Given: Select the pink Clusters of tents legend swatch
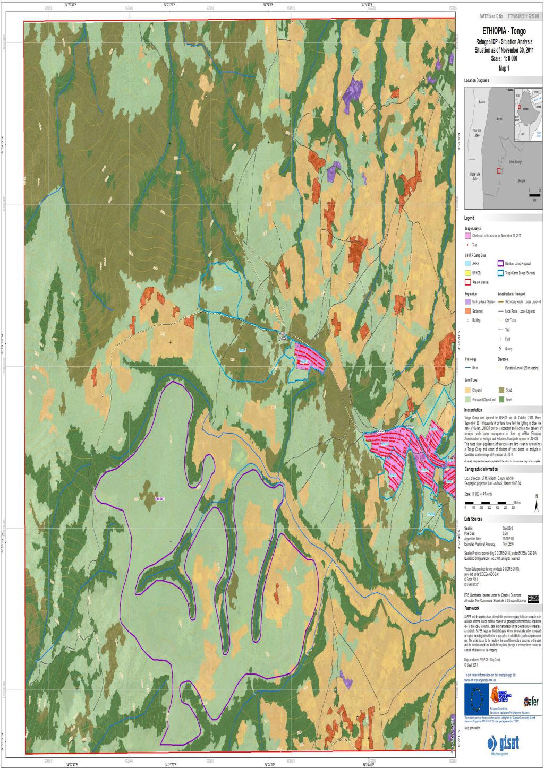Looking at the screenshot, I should [x=468, y=235].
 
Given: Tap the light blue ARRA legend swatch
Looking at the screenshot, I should [x=468, y=263].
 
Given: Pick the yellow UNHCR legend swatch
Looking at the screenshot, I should [x=468, y=272].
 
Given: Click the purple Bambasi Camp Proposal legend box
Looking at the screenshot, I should [x=500, y=263].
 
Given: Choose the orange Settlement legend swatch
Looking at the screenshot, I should [x=468, y=311].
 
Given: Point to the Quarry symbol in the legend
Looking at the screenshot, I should [x=500, y=348].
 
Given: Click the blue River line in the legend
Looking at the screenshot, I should [x=468, y=367].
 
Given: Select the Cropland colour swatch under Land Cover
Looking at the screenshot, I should [x=468, y=389].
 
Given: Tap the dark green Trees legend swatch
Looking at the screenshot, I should [x=500, y=399].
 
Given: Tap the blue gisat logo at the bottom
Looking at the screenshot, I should [x=503, y=742].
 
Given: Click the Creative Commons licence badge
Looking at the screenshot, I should [x=534, y=598].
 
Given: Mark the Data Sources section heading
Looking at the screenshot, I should [x=473, y=519].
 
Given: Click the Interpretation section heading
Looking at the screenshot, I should [x=473, y=410].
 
